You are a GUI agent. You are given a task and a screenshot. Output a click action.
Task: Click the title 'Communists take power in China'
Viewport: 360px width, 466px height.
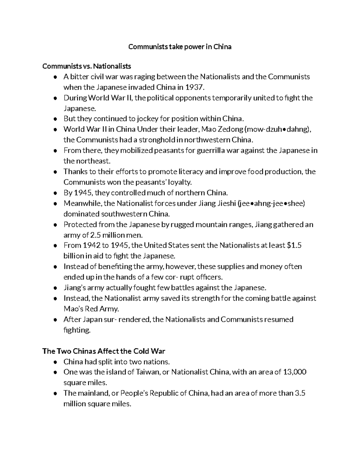coord(180,47)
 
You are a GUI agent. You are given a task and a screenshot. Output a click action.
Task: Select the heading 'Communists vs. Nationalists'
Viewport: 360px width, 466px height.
coord(87,66)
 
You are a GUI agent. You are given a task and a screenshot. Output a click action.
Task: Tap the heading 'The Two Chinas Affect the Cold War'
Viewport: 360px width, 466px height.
coord(104,351)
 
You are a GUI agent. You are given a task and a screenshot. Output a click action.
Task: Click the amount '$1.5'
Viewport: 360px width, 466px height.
coord(294,245)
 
